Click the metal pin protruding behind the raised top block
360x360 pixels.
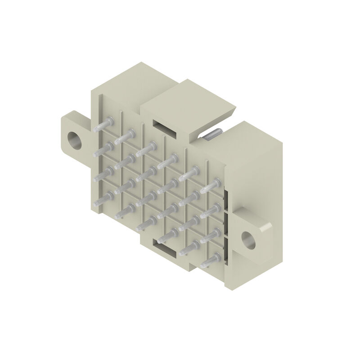pos(211,135)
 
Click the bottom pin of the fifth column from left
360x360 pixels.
pos(189,247)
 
